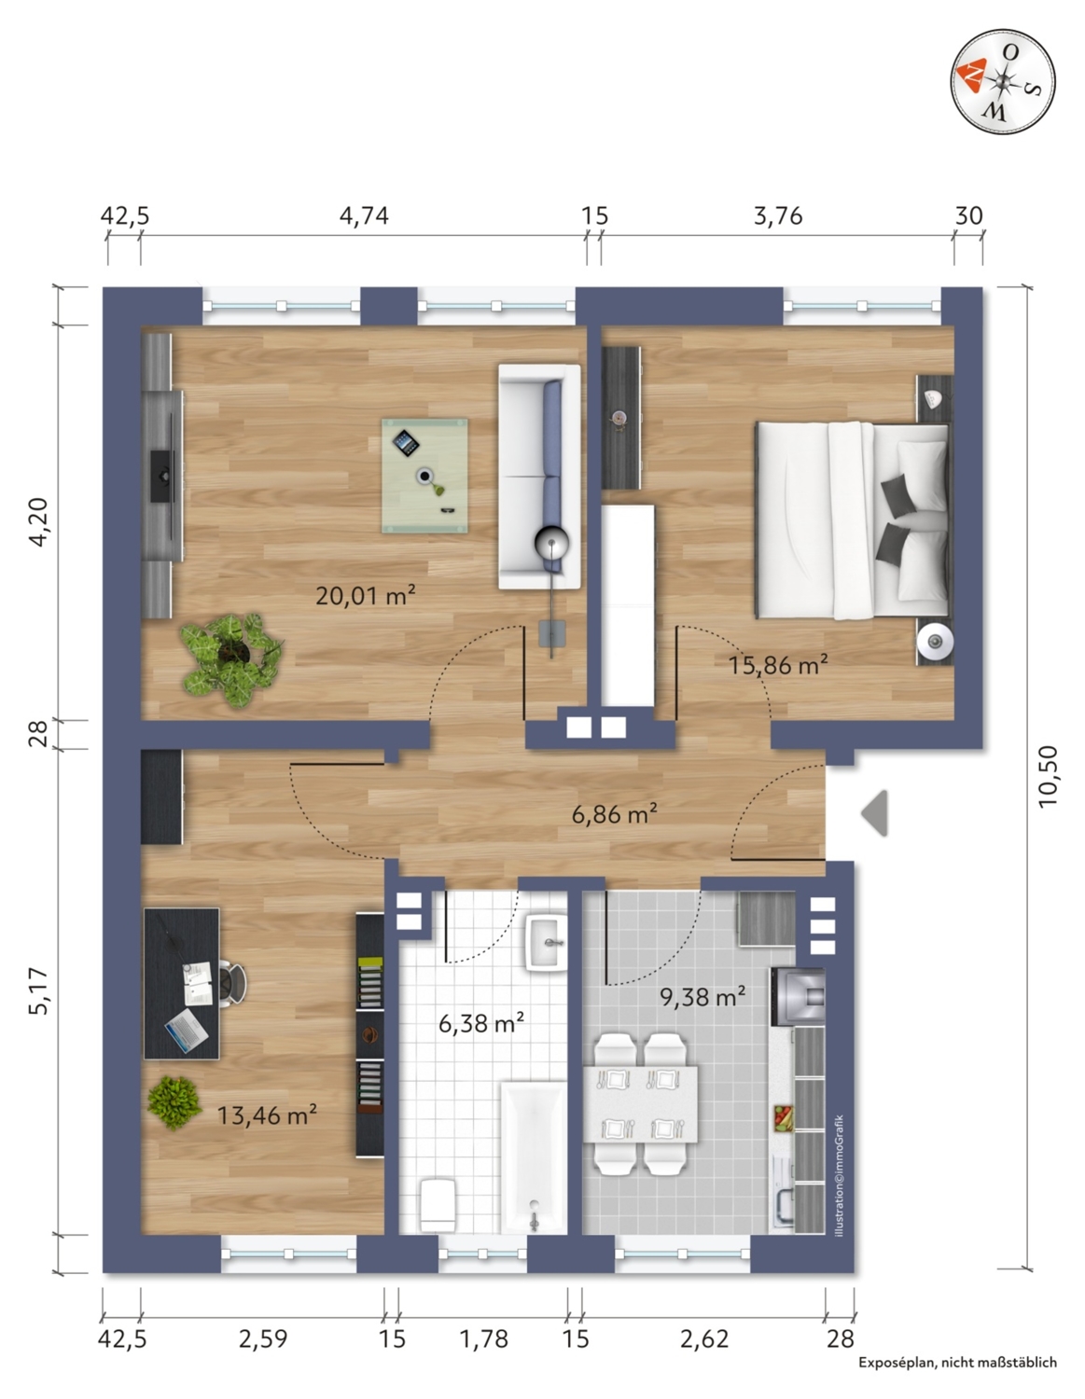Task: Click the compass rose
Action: click(1003, 82)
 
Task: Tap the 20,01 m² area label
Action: click(365, 596)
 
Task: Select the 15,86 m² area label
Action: click(777, 664)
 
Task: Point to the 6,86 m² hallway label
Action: click(614, 814)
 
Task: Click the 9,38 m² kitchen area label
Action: click(702, 997)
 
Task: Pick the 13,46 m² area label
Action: click(267, 1115)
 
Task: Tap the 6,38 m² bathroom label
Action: click(481, 1022)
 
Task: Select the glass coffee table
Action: click(425, 475)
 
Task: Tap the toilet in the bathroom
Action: click(438, 1204)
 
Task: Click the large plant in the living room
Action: click(231, 660)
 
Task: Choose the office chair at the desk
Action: click(232, 982)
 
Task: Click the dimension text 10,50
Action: click(1049, 776)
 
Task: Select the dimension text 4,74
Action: click(364, 215)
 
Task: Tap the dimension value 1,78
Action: click(483, 1339)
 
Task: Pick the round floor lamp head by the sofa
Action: click(552, 544)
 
